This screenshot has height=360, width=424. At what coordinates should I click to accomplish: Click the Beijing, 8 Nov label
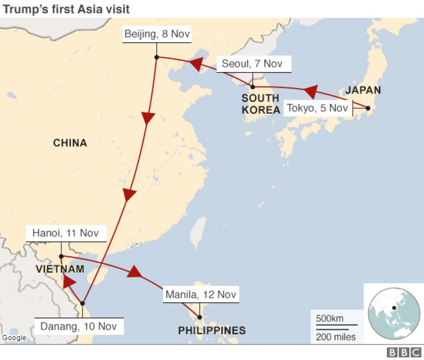click(x=157, y=34)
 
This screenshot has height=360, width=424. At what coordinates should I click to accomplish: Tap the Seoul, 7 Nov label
click(x=252, y=64)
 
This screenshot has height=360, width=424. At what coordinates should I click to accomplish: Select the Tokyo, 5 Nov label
click(x=318, y=108)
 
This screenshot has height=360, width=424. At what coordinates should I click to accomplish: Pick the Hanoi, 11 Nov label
click(x=66, y=233)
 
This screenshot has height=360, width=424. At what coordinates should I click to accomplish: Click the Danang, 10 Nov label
click(x=79, y=326)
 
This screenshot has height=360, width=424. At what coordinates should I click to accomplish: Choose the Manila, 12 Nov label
click(x=201, y=295)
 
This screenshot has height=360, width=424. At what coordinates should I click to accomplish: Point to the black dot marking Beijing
click(x=156, y=57)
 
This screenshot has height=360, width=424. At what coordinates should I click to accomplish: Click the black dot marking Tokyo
click(x=368, y=108)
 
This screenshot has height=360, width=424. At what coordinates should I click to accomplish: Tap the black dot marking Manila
click(x=199, y=317)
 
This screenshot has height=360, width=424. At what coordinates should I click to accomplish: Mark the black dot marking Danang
click(x=82, y=303)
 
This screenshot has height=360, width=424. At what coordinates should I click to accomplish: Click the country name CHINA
click(x=70, y=143)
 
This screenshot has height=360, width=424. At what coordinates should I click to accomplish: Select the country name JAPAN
click(x=363, y=90)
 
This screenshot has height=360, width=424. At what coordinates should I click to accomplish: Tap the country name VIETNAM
click(x=60, y=269)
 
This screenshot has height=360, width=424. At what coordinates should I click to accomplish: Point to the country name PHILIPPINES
click(x=212, y=331)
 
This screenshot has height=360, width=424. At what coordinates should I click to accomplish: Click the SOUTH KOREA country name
click(x=261, y=104)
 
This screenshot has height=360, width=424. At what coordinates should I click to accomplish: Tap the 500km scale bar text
click(x=329, y=318)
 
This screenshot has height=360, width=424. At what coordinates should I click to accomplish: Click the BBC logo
click(x=404, y=352)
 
